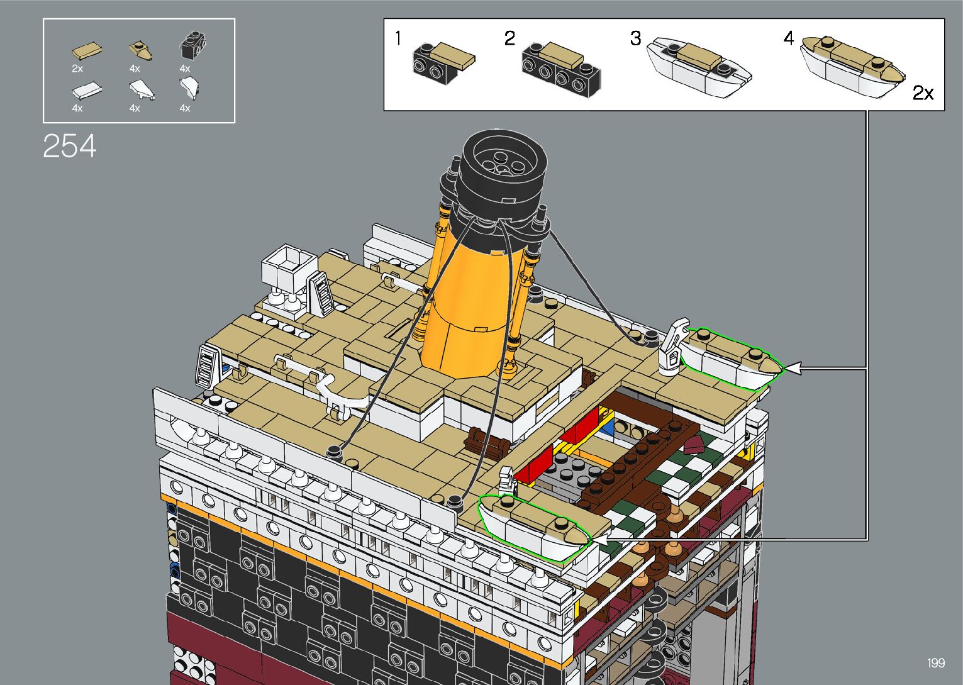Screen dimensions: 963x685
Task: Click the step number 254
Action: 70,146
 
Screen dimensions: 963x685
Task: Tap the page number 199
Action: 935,663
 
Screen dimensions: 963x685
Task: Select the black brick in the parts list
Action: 192,45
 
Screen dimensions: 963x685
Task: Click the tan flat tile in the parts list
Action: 87,51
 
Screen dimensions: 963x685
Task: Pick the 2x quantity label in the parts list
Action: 77,69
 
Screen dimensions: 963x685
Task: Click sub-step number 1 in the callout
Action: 399,38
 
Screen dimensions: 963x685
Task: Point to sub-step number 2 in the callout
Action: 509,38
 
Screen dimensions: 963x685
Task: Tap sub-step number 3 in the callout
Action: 635,38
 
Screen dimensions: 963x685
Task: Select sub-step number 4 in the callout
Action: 788,38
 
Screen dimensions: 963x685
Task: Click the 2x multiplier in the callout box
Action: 923,93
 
